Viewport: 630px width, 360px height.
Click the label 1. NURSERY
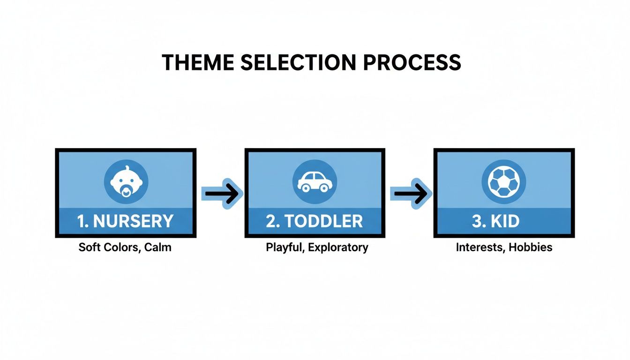[x=126, y=221]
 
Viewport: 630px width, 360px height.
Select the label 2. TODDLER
[x=315, y=221]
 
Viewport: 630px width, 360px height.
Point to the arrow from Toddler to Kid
[x=411, y=193]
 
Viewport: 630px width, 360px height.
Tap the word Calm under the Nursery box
[x=157, y=247]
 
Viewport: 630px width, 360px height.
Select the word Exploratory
[x=338, y=247]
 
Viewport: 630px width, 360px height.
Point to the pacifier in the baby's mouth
[x=126, y=191]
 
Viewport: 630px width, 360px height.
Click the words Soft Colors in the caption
[x=108, y=247]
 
